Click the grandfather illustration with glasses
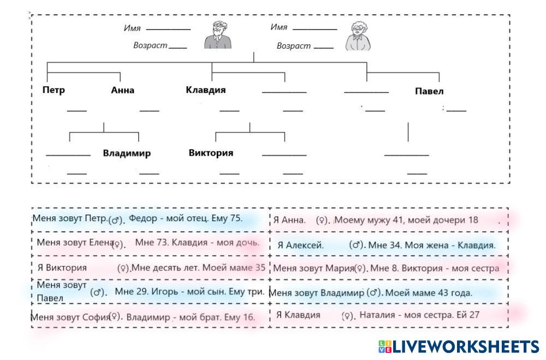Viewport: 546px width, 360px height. coord(218,36)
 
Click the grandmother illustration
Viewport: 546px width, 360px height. coord(358,36)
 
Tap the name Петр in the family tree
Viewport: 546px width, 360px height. coord(54,90)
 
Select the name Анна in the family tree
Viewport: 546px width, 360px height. coord(122,91)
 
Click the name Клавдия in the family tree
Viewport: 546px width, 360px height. coord(205,90)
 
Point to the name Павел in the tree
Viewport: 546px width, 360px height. coord(429,91)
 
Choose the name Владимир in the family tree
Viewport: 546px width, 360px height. coord(127,153)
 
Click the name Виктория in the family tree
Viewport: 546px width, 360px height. coord(211,153)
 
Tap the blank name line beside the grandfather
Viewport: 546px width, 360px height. coord(168,29)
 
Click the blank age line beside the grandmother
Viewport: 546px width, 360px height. coord(324,48)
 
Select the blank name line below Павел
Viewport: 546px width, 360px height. coord(407,155)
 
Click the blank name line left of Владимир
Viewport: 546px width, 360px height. coord(68,155)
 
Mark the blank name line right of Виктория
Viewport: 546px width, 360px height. coord(284,155)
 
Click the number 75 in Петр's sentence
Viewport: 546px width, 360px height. coord(235,219)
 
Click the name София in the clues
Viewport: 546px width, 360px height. coord(96,316)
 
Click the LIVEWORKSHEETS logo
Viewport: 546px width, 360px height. coord(458,346)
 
